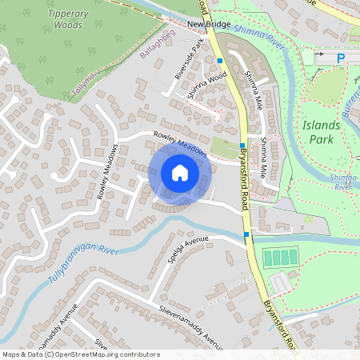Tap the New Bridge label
click(x=208, y=25)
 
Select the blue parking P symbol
click(x=341, y=58)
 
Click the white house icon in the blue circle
click(x=179, y=173)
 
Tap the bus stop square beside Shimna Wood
click(x=219, y=60)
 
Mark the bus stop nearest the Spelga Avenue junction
click(x=246, y=234)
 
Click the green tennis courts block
click(x=279, y=258)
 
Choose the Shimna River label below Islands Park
click(x=343, y=181)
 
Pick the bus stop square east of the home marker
click(x=242, y=146)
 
